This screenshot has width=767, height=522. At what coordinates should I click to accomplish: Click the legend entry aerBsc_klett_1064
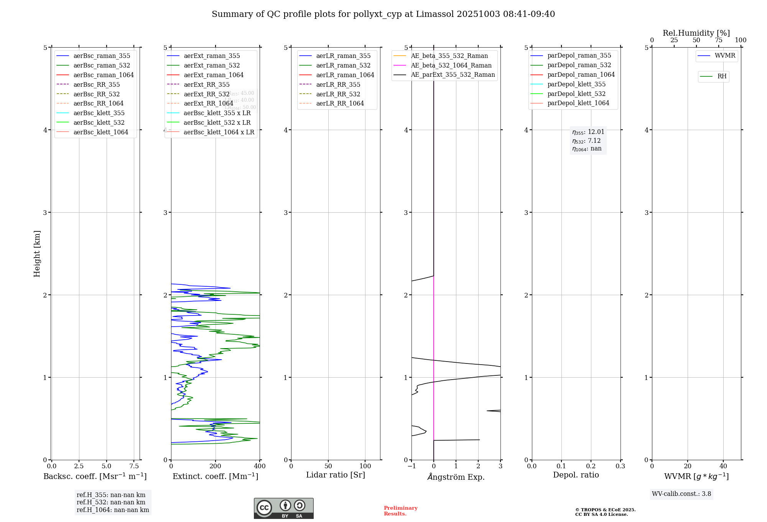point(100,132)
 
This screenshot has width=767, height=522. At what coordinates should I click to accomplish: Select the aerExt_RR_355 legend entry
point(206,84)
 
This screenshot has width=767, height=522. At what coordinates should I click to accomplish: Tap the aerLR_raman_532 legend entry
point(343,65)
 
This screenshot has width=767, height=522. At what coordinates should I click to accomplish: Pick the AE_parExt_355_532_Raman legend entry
point(453,74)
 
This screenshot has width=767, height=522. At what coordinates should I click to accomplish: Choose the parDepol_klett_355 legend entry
point(576,84)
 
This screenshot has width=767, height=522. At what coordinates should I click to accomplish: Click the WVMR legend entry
point(725,56)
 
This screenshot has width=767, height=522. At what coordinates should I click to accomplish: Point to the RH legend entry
point(722,76)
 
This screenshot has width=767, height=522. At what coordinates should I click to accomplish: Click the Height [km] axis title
point(37,253)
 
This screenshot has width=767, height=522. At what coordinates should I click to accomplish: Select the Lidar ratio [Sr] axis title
point(336,475)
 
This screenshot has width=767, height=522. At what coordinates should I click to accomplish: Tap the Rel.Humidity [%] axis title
point(696,33)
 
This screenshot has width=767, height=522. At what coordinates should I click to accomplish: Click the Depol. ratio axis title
point(576,475)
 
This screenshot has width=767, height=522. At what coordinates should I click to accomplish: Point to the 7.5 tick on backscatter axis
point(134,466)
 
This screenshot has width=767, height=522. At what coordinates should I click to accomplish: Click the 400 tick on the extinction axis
point(260,466)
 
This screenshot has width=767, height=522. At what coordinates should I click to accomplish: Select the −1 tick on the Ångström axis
point(411,466)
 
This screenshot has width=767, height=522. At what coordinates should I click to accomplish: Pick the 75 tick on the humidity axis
point(718,40)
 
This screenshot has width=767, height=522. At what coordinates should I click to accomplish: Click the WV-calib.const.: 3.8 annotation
point(681,494)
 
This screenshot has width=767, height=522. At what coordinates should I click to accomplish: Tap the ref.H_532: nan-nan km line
point(111,502)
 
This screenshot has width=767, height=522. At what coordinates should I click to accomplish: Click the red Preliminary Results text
point(400,511)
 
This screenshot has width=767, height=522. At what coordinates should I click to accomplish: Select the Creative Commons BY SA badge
point(283,508)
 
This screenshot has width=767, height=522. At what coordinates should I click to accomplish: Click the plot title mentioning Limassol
point(383,14)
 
